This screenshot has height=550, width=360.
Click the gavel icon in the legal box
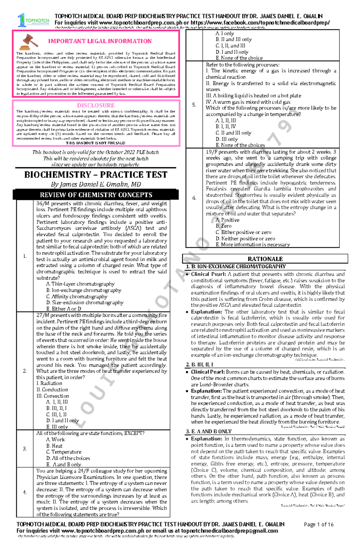[x=29, y=42]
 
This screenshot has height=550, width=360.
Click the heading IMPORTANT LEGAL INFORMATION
[x=100, y=41]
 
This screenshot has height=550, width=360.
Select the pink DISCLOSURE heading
[x=96, y=105]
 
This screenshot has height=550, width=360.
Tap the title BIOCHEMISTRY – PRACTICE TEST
[x=96, y=175]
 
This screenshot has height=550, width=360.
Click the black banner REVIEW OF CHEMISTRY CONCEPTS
[x=96, y=195]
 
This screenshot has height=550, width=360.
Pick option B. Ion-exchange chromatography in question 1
[x=84, y=290]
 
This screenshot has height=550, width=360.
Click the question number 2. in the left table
[x=25, y=371]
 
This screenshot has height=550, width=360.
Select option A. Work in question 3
[x=55, y=439]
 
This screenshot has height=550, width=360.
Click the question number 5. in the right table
[x=194, y=105]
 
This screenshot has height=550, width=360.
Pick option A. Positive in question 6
[x=227, y=220]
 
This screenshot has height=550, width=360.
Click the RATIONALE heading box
[x=265, y=259]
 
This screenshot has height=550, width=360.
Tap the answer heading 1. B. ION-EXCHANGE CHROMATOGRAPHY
[x=235, y=266]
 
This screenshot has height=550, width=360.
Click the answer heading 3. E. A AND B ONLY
[x=208, y=431]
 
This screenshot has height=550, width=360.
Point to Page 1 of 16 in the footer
[x=318, y=524]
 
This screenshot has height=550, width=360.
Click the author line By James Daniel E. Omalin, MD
[x=96, y=184]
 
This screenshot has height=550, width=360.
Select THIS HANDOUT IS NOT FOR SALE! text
[x=95, y=143]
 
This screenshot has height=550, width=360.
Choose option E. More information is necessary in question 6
[x=253, y=245]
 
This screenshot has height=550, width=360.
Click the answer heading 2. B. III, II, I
[x=199, y=364]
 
